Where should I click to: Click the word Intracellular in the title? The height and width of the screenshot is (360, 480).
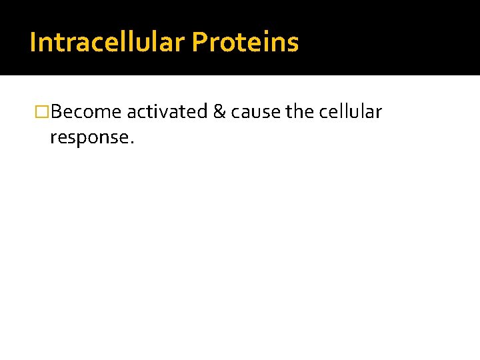[x=107, y=43]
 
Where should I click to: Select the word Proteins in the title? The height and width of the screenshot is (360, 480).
[x=245, y=43]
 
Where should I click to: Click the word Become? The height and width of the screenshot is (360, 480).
[x=86, y=112]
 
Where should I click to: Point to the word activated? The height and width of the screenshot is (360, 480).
[x=167, y=112]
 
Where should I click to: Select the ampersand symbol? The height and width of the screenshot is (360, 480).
[x=219, y=112]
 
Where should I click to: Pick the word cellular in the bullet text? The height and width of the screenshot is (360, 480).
[x=351, y=112]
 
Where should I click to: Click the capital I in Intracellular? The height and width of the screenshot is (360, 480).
[x=33, y=43]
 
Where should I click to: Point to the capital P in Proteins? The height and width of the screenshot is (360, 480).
[x=199, y=43]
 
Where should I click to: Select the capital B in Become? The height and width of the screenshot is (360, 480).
[x=55, y=112]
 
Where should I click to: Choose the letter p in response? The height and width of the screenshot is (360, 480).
[x=84, y=139]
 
